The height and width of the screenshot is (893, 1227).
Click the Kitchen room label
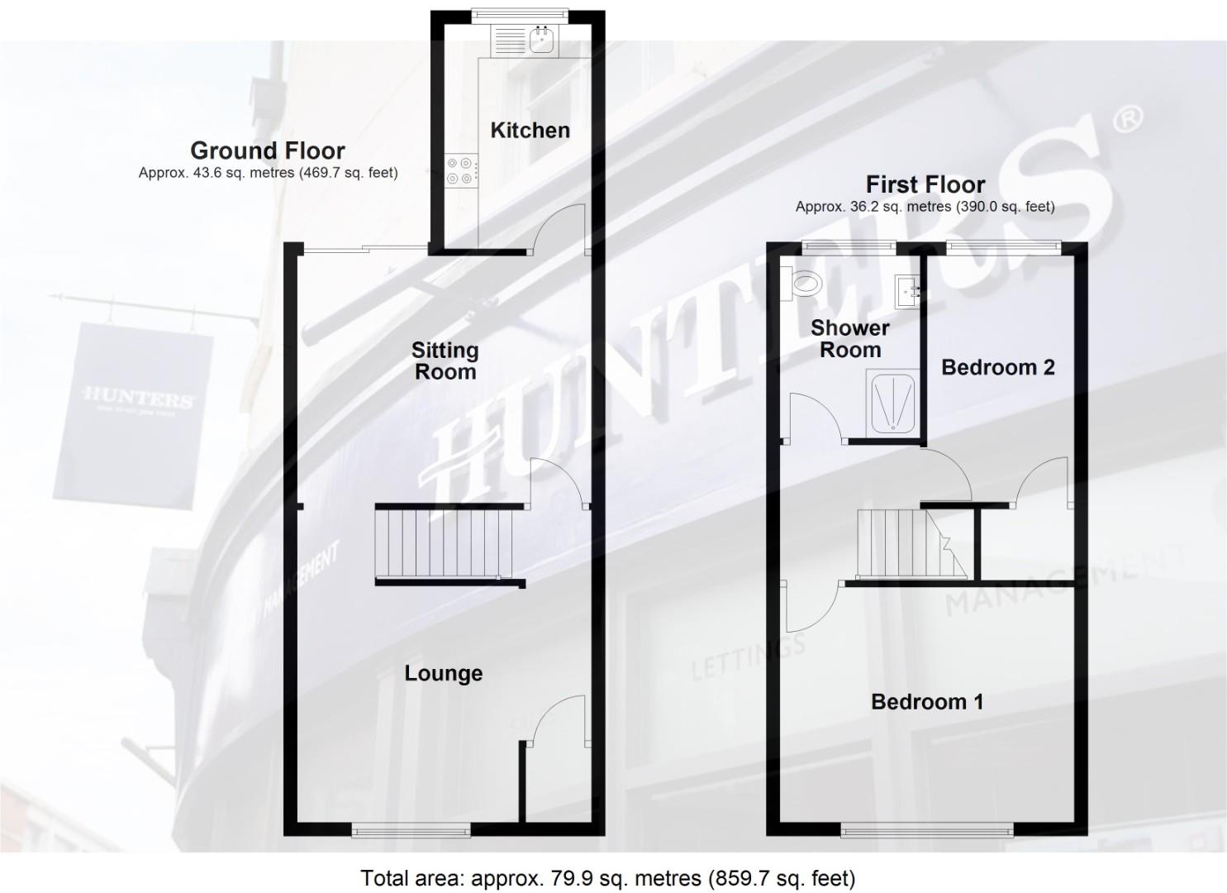pos(530,130)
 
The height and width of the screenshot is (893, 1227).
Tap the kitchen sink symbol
pos(542,40)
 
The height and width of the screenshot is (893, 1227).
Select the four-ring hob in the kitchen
pos(460,170)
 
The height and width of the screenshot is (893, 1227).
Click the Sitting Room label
pos(445,361)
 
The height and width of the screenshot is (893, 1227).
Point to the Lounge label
pos(443,673)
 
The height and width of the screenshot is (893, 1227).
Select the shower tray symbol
pos(891,402)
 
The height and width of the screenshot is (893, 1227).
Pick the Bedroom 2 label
pos(997,367)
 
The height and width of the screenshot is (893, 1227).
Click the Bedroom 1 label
pos(927,702)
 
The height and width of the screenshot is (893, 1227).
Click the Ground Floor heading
pos(268,150)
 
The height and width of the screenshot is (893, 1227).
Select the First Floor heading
pos(925,184)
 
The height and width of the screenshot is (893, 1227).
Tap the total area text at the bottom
pos(607,877)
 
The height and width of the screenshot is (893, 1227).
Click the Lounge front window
pos(411,830)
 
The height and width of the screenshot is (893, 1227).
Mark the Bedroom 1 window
pos(927,830)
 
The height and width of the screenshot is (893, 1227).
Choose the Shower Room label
pos(849,338)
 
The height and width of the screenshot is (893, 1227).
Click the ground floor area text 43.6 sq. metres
pos(268,173)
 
